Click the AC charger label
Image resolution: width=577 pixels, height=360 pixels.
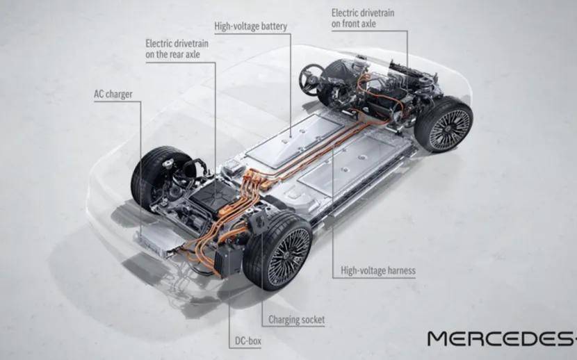pyautogui.click(x=113, y=95)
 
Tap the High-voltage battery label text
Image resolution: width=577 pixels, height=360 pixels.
pyautogui.click(x=250, y=26)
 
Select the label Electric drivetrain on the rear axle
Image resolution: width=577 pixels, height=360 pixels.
pyautogui.click(x=177, y=49)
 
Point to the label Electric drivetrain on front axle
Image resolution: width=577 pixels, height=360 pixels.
pyautogui.click(x=363, y=18)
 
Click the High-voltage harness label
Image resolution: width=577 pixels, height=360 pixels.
pyautogui.click(x=378, y=271)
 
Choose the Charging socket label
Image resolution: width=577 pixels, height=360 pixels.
pyautogui.click(x=297, y=320)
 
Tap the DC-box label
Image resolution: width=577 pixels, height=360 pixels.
pyautogui.click(x=248, y=341)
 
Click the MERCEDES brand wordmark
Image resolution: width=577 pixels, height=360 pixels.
pyautogui.click(x=502, y=338)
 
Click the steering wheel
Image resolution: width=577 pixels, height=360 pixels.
pyautogui.click(x=310, y=79)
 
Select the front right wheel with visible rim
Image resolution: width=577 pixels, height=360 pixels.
pyautogui.click(x=444, y=125)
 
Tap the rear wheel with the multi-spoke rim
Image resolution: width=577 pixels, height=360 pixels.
pyautogui.click(x=278, y=250)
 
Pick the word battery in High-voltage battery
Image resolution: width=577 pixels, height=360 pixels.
pyautogui.click(x=274, y=26)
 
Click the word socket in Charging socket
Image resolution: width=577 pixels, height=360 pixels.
pyautogui.click(x=312, y=320)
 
